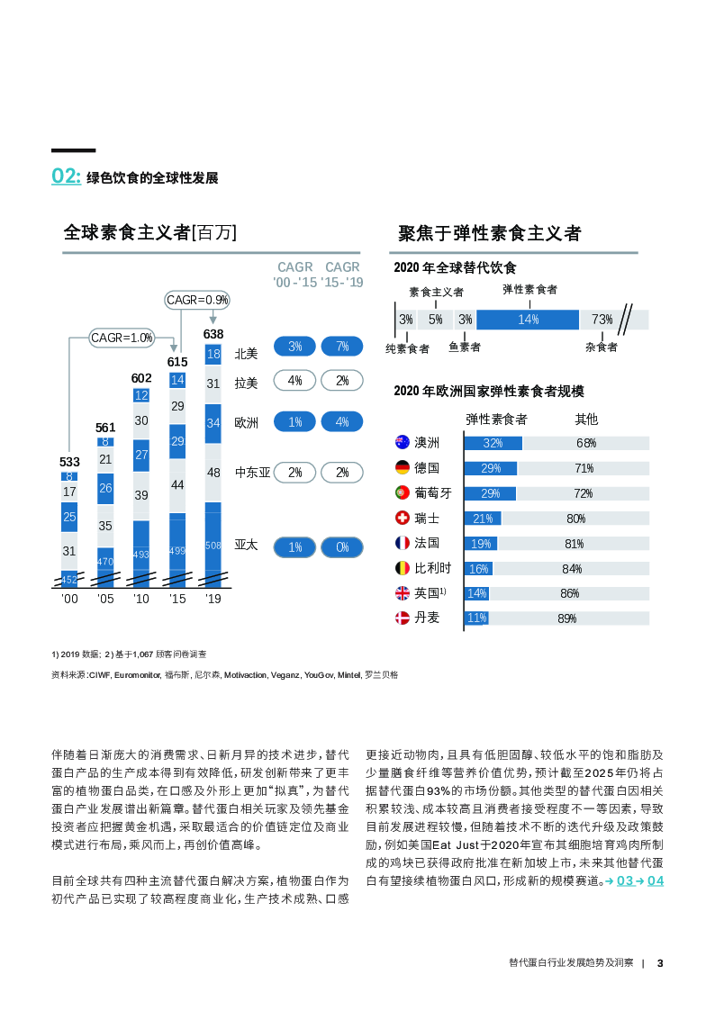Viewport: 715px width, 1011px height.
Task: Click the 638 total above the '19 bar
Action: [213, 334]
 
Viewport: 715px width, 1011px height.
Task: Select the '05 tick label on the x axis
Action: [105, 599]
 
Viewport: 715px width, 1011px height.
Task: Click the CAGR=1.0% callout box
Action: [122, 338]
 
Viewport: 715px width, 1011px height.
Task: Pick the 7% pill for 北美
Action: [342, 347]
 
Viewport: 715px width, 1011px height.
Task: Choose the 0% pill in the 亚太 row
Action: [342, 546]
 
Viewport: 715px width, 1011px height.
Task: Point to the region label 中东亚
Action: [252, 472]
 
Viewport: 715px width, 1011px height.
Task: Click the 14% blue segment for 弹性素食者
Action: [528, 319]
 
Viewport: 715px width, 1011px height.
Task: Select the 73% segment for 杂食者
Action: [602, 319]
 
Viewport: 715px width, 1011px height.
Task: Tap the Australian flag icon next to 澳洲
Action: [403, 442]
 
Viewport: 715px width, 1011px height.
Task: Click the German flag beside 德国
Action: [403, 467]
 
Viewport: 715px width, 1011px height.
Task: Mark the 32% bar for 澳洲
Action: [493, 443]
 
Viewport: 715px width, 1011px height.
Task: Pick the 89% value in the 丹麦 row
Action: [566, 618]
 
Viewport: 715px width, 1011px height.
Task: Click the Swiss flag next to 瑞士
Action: [403, 518]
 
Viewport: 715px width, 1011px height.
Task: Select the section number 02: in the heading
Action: [66, 176]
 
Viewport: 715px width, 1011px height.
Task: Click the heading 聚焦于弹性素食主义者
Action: [490, 233]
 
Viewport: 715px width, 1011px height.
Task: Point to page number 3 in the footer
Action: [660, 962]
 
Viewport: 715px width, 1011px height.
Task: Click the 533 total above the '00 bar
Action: [69, 462]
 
